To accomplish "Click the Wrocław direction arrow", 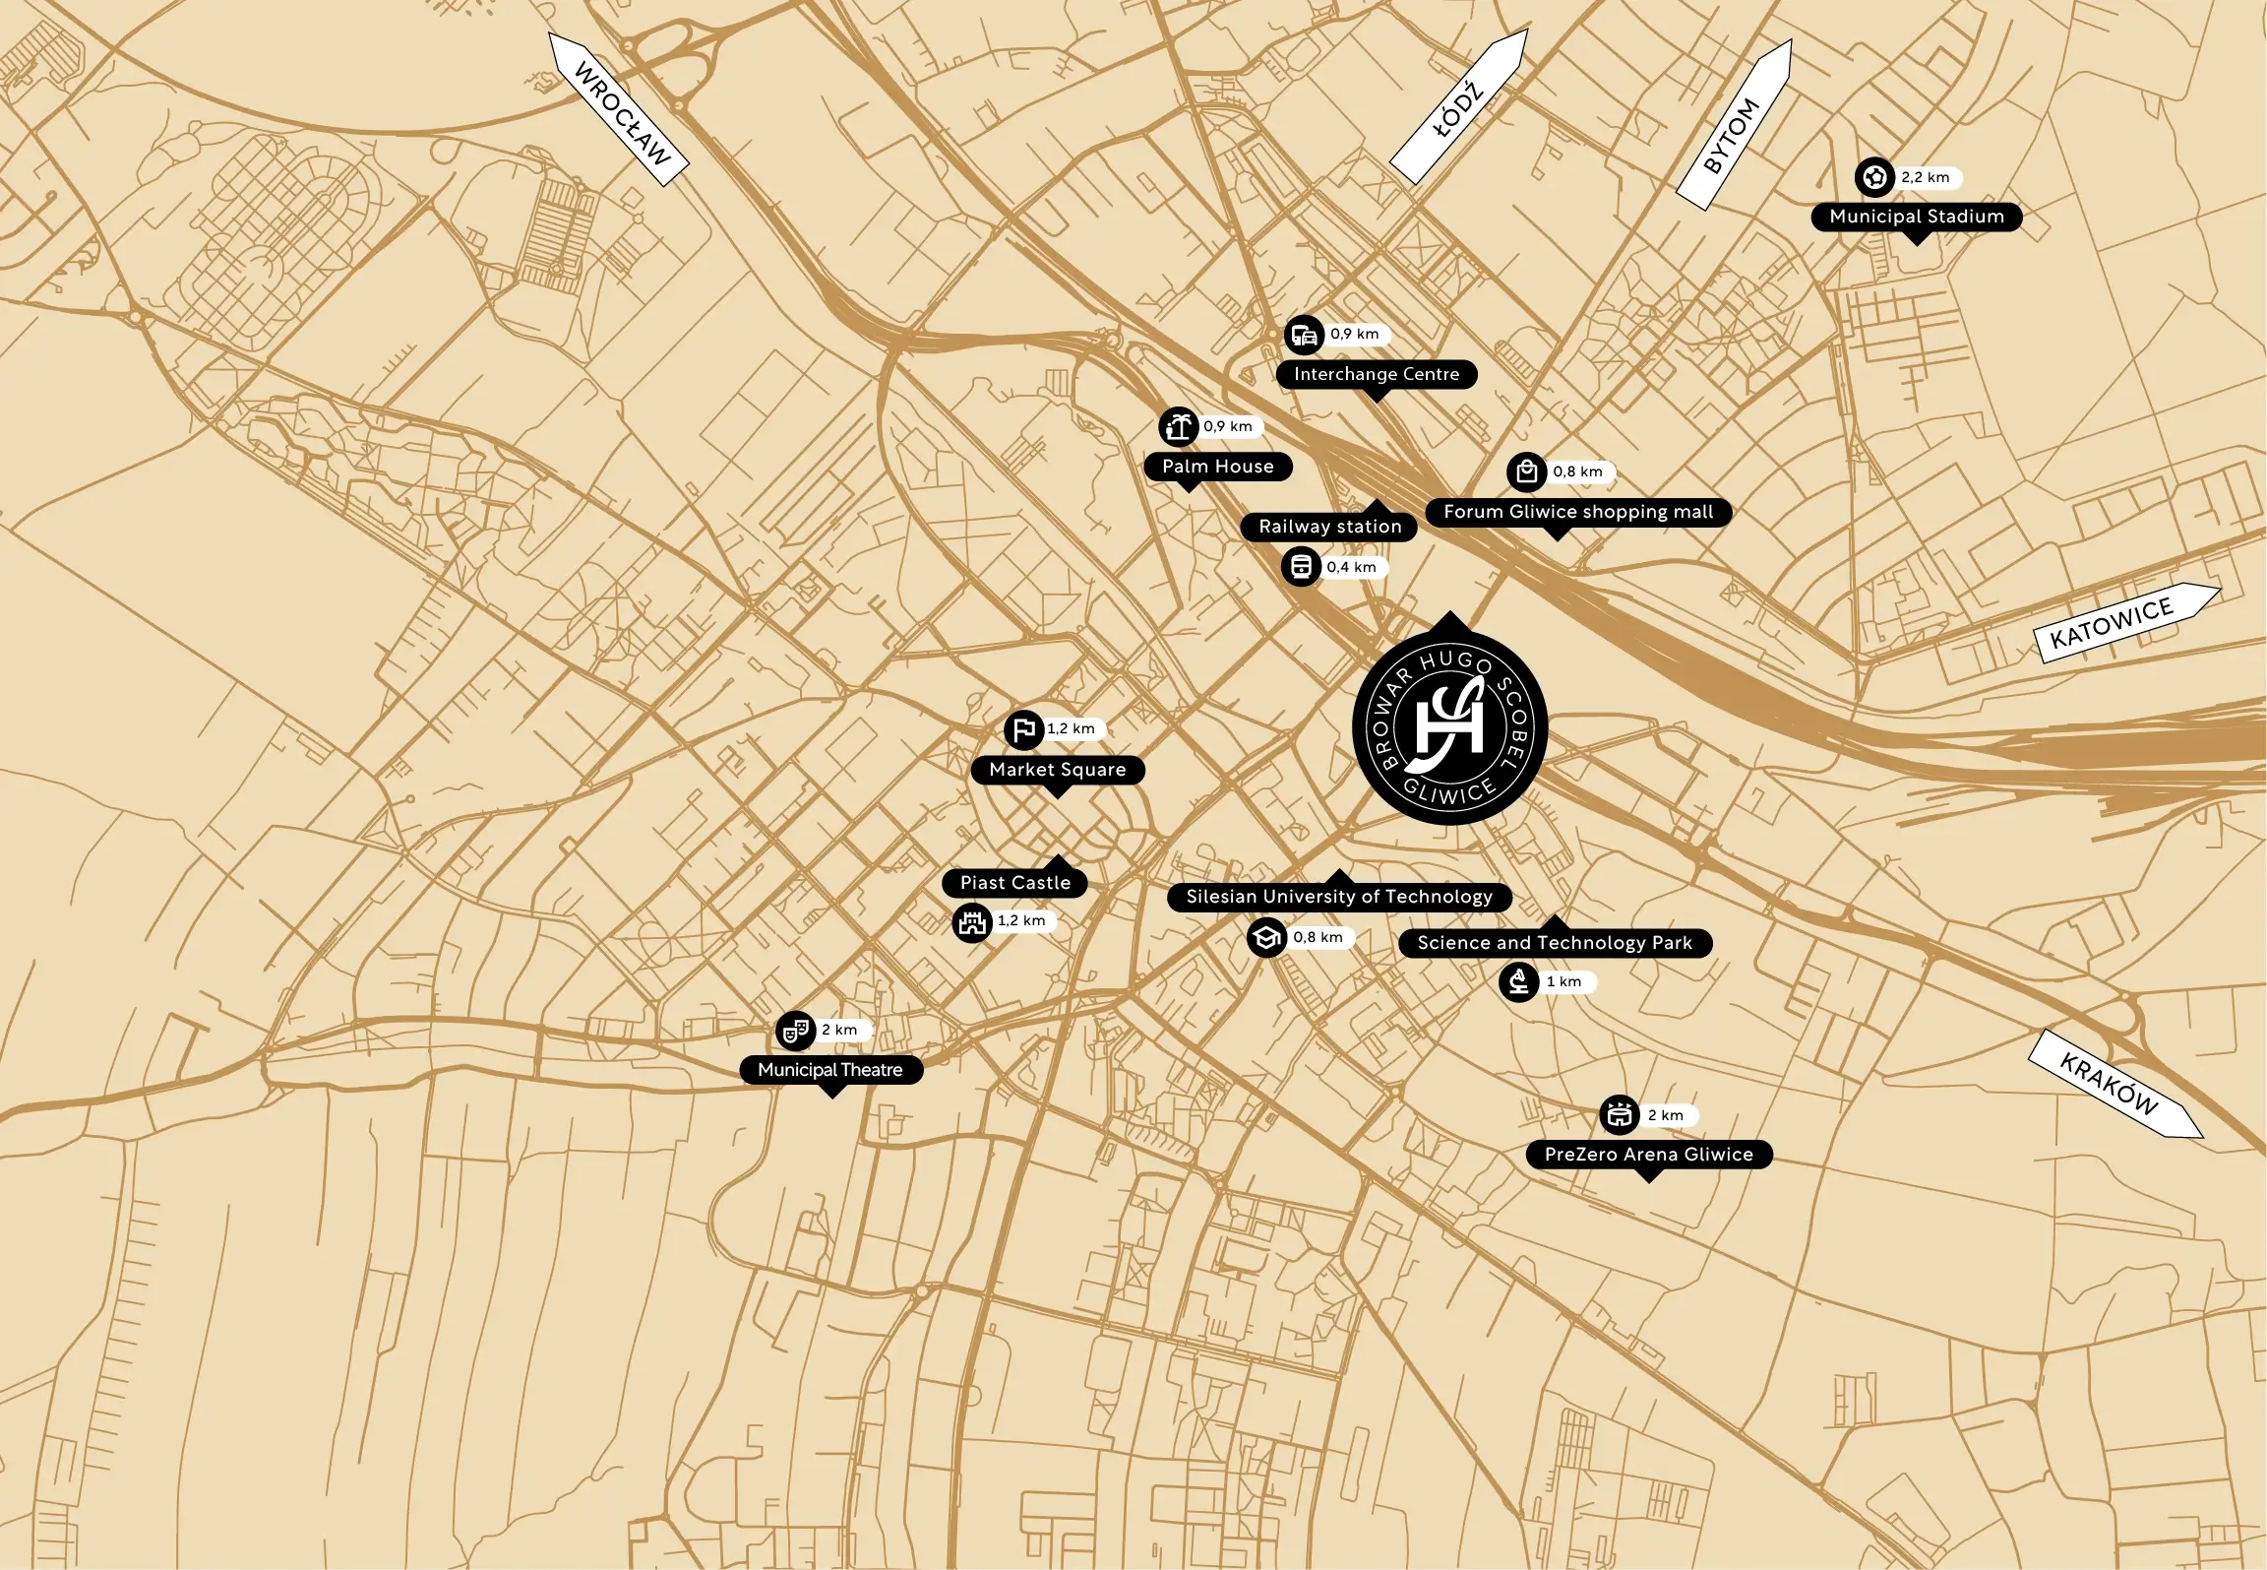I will (619, 110).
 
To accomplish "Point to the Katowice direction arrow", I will (2124, 622).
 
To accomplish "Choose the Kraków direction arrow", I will (2114, 1085).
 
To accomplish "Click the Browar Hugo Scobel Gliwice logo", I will (1449, 727).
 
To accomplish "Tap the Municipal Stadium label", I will (1916, 217).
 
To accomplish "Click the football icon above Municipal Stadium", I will (1874, 178).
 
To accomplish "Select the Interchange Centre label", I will (1376, 374).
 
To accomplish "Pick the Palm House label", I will (1217, 467).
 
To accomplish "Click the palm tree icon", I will (1178, 427).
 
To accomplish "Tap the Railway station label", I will (1329, 527).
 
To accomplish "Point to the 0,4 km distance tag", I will (1352, 568).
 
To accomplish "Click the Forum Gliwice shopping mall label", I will (1577, 512).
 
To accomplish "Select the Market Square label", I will (1057, 770).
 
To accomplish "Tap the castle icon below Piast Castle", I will (972, 922).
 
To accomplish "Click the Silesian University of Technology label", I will (1338, 897).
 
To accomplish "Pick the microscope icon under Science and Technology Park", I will (1518, 982).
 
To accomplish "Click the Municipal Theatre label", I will (830, 1070).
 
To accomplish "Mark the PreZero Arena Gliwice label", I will (1648, 1155).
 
